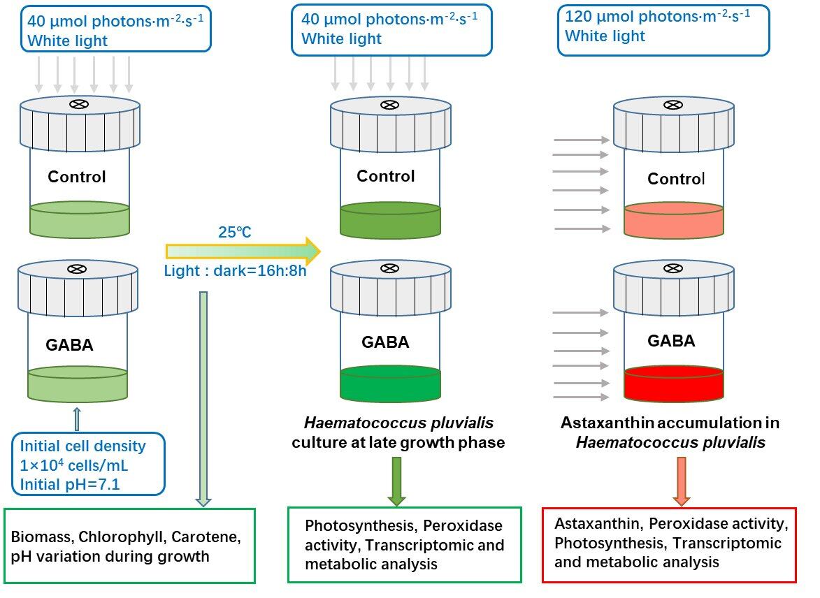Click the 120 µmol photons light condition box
coord(663,30)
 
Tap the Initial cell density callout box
coord(88,463)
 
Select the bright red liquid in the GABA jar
coord(673,385)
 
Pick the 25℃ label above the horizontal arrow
coord(235,232)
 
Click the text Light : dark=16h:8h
coord(236,270)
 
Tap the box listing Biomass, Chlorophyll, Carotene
coord(130,546)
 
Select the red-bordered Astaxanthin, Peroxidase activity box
coord(670,545)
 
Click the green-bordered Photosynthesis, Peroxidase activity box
coord(405,544)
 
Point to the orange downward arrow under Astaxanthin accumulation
coord(682,481)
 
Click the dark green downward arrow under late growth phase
coord(396,481)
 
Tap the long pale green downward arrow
coord(203,398)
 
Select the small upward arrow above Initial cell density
coord(77,420)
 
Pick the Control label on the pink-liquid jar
coord(676,179)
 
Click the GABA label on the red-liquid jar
coord(671,341)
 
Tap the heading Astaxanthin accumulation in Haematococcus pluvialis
coord(669,432)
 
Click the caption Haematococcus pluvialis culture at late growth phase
coord(398,432)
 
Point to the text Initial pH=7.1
coord(70,482)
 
